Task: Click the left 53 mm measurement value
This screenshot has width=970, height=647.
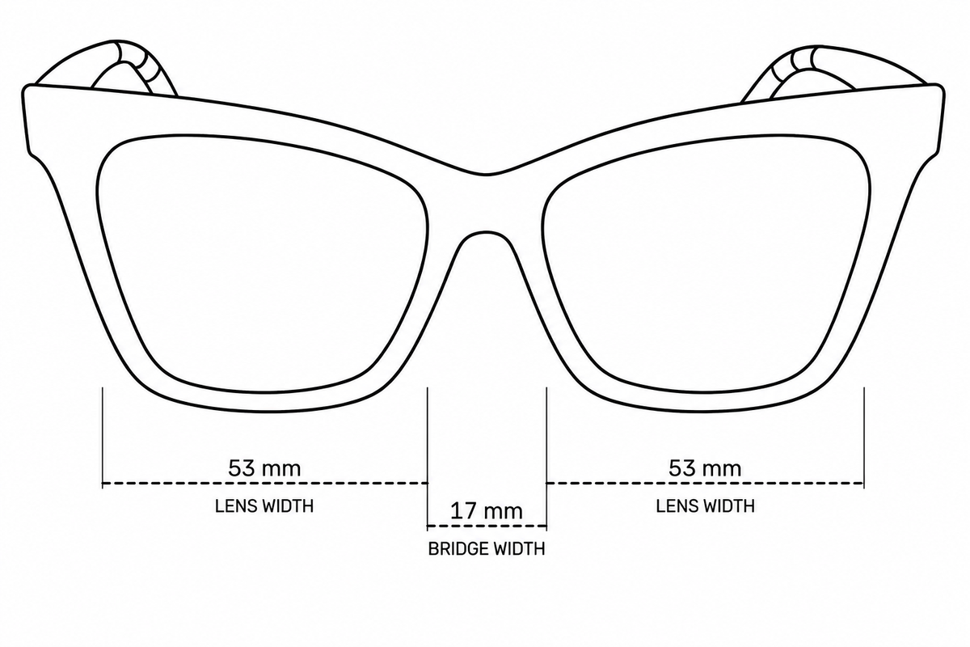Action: coord(264,468)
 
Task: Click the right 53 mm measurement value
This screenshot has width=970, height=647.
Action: coord(705,468)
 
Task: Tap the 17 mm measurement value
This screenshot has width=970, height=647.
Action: coord(487,511)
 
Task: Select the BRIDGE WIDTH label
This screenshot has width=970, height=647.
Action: coord(487,549)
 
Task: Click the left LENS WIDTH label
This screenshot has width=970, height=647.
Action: coord(264,506)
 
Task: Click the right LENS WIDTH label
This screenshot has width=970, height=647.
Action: coord(705,506)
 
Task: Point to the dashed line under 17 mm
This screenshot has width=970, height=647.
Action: coord(487,526)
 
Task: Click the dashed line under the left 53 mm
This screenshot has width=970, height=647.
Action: coord(265,483)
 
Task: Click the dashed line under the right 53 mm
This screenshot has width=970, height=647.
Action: coord(706,483)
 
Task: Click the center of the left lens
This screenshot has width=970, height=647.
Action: coord(263,264)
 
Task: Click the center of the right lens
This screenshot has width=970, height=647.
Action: coord(706,264)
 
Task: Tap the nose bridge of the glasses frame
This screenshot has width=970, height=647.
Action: coord(486,203)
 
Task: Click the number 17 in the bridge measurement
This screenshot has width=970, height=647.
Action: coord(462,511)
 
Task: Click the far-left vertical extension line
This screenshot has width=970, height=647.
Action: coord(103,438)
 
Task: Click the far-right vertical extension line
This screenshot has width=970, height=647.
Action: coord(864,438)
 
